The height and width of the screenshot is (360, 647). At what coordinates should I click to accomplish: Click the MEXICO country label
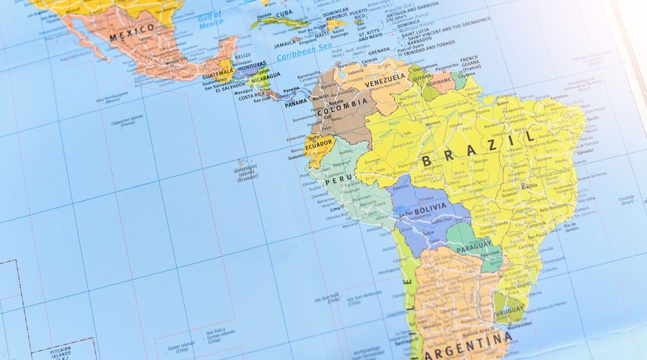click(x=132, y=30)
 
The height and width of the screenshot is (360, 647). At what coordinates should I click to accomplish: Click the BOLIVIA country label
click(x=430, y=205)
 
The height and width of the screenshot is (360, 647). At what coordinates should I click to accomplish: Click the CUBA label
click(x=284, y=13)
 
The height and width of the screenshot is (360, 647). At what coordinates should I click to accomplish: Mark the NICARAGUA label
click(x=264, y=76)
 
